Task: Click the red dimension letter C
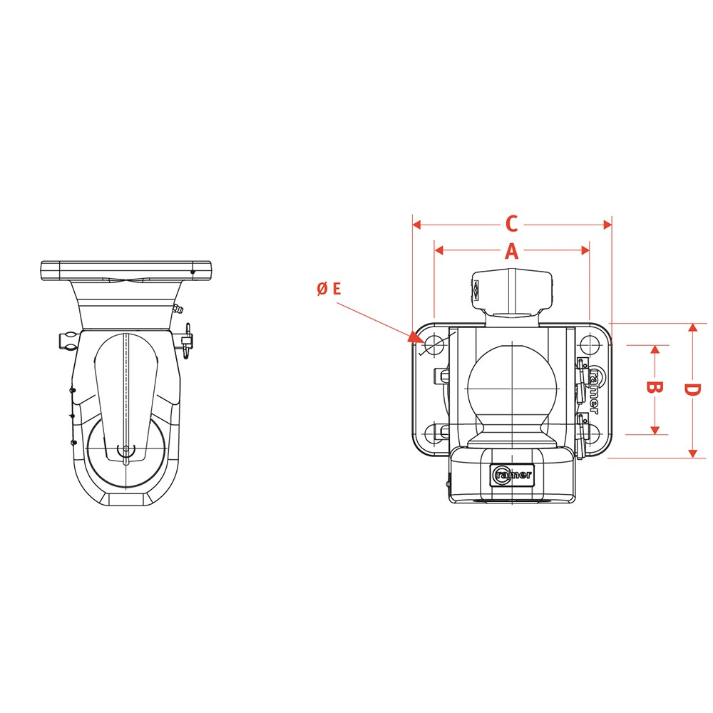(511, 224)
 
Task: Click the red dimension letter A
(511, 250)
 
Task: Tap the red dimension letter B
(655, 387)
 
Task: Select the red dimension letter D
(692, 390)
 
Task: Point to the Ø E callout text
(329, 289)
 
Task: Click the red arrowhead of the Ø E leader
(414, 337)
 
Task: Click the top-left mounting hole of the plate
(434, 344)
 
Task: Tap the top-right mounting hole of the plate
(590, 344)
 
